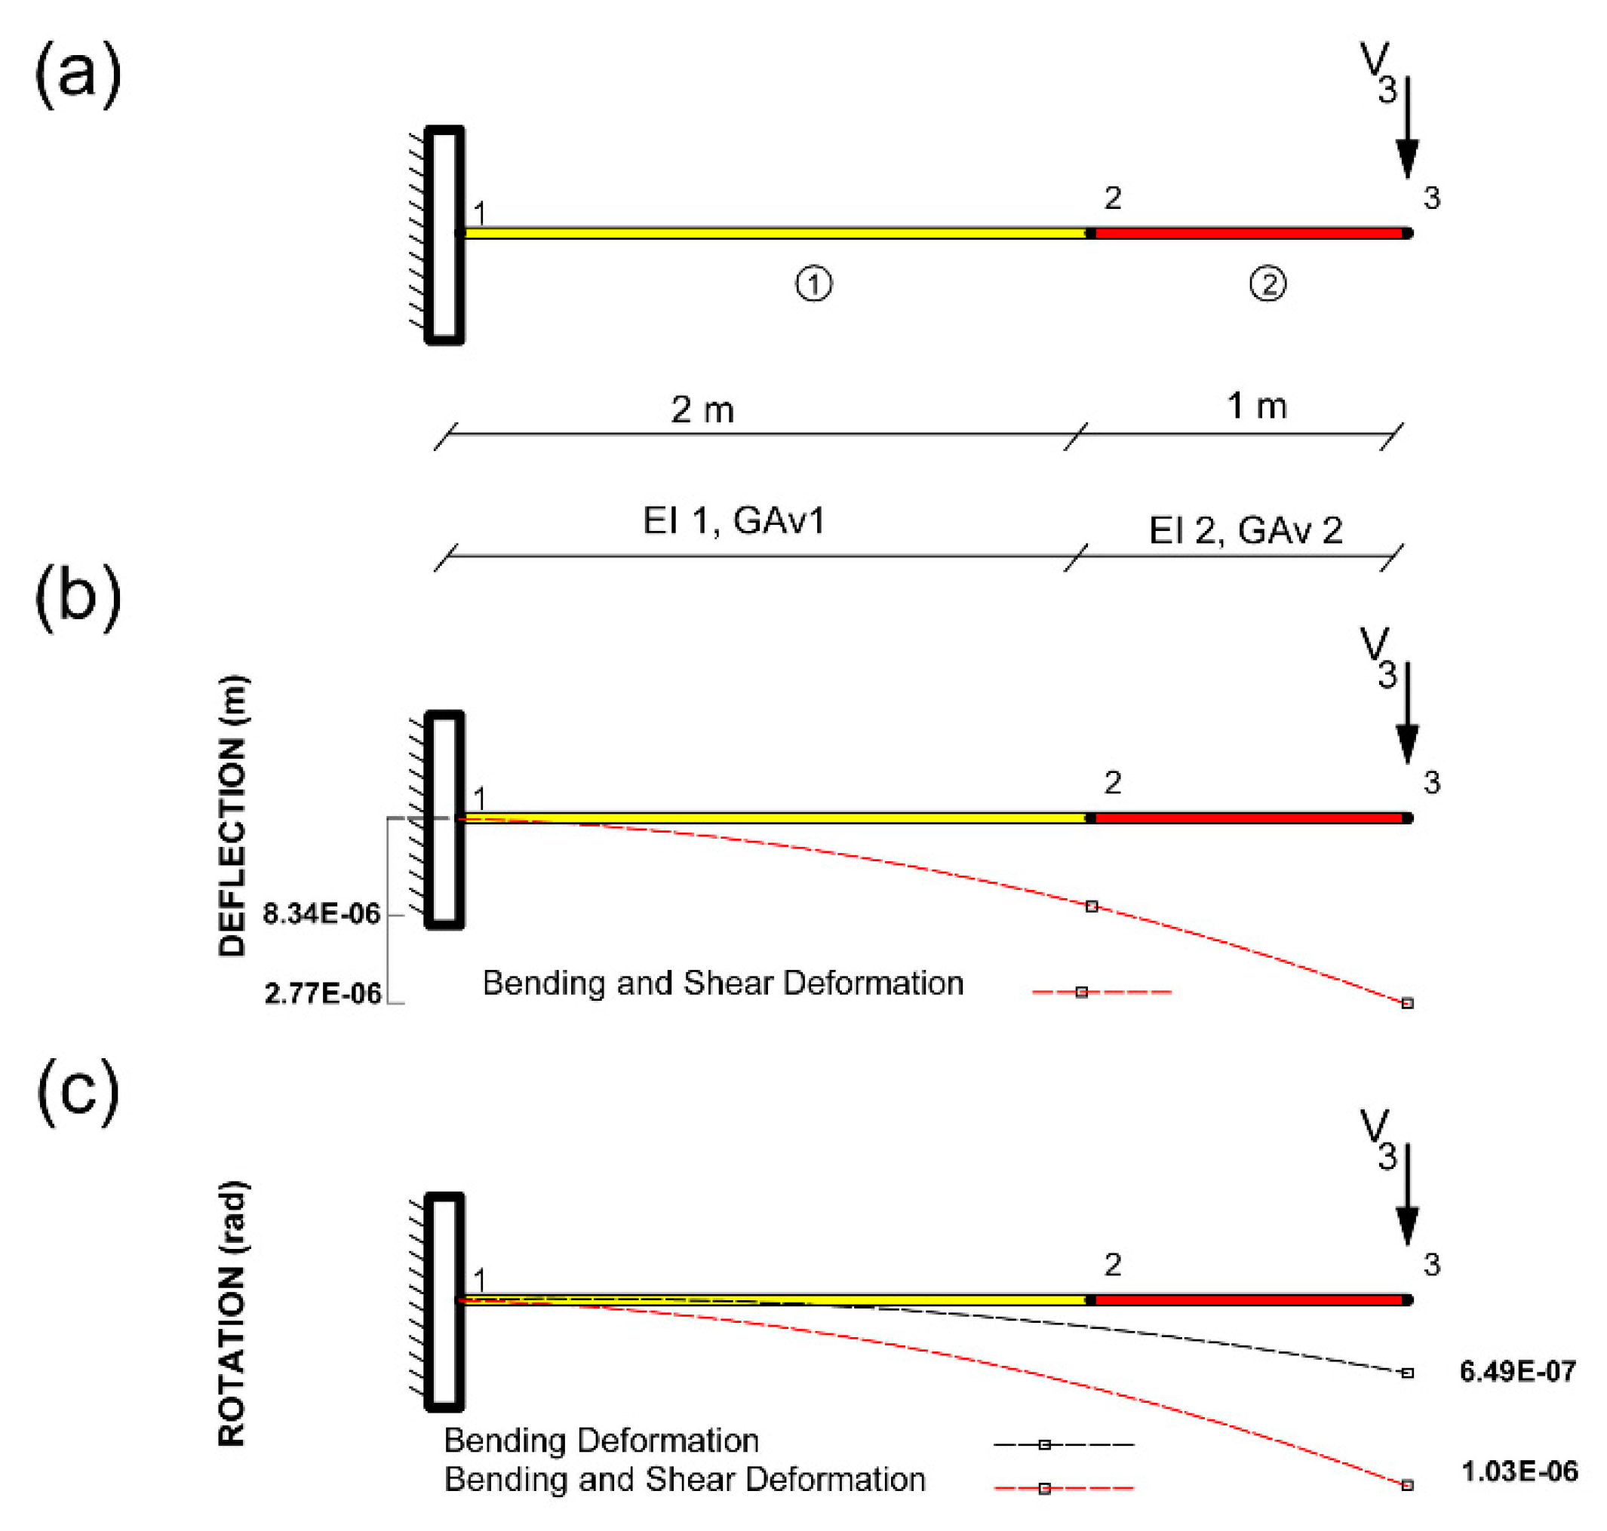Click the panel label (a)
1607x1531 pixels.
point(78,75)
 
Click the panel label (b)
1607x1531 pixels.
point(78,597)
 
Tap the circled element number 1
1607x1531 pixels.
point(813,284)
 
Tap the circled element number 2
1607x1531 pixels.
point(1267,284)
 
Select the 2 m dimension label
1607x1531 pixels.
point(702,410)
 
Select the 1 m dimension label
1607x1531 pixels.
point(1257,407)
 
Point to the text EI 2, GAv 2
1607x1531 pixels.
point(1246,530)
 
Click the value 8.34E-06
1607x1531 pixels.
point(321,914)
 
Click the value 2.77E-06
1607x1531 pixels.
point(323,993)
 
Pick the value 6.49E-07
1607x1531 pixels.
point(1517,1371)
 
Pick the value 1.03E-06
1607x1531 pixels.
point(1519,1471)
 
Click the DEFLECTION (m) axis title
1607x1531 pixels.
point(232,816)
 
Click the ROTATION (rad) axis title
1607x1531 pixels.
point(232,1314)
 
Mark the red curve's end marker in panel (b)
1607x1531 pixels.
point(1407,1003)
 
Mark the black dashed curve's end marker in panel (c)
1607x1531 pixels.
point(1407,1373)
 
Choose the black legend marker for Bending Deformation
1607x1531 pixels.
point(1044,1444)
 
